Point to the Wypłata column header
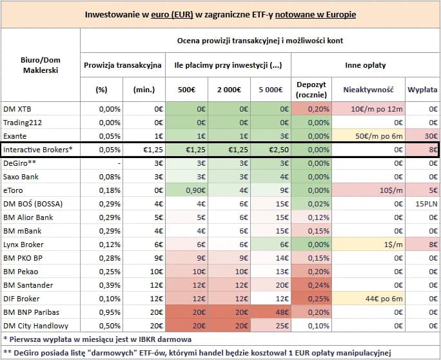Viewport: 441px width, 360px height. pos(422,89)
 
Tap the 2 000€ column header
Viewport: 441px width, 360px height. pos(228,89)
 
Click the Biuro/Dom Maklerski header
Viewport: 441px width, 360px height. pos(40,65)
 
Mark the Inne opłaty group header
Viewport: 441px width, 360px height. pos(366,65)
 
